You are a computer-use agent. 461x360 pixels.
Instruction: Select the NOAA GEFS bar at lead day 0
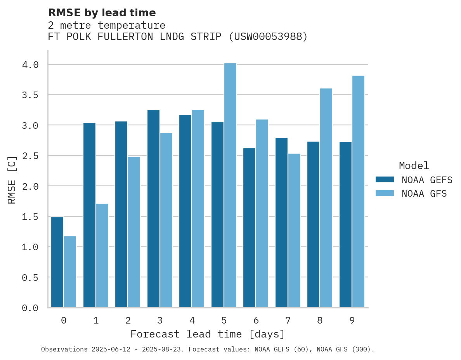[57, 262]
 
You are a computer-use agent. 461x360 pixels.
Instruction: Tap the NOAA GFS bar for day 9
[358, 192]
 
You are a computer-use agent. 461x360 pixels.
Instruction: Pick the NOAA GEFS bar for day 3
[153, 209]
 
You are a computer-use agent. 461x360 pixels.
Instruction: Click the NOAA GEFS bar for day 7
[281, 223]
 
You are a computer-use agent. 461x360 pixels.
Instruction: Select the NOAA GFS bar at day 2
[134, 232]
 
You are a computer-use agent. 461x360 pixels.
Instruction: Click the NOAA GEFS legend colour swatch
[385, 180]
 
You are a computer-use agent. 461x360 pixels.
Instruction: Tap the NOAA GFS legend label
[424, 194]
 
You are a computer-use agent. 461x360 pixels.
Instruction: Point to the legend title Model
[414, 166]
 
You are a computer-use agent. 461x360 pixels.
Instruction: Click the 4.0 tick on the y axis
[30, 65]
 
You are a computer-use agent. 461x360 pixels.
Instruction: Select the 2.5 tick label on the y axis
[30, 156]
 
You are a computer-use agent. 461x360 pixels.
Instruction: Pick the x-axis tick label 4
[192, 321]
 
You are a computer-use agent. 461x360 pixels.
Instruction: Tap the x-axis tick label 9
[352, 321]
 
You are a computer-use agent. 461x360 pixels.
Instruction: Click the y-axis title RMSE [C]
[12, 180]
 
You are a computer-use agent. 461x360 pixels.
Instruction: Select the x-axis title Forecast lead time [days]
[208, 334]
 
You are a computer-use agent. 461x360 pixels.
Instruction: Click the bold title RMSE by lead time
[102, 13]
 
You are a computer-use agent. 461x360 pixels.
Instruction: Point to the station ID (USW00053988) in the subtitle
[268, 37]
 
